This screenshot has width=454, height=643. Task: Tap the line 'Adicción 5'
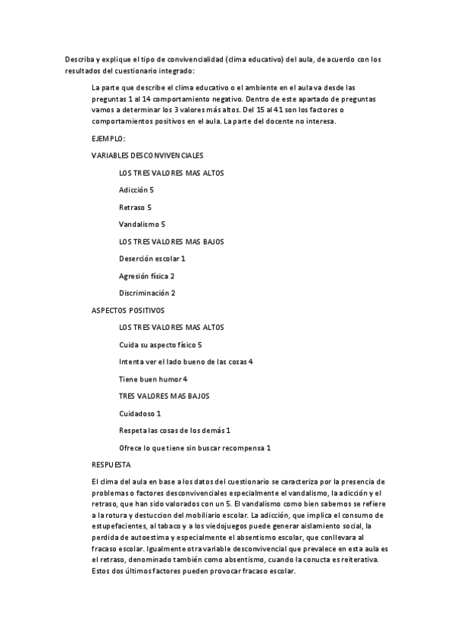click(x=136, y=190)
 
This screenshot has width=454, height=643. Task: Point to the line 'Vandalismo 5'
click(x=142, y=224)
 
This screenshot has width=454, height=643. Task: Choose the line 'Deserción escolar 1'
click(x=152, y=259)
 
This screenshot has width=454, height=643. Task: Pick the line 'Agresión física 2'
click(x=147, y=276)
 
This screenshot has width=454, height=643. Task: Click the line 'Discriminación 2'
click(x=147, y=293)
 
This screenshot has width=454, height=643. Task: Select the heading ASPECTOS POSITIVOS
click(x=127, y=310)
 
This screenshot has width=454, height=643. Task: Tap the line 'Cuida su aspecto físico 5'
click(x=160, y=345)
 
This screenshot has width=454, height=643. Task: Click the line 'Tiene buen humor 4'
click(x=153, y=378)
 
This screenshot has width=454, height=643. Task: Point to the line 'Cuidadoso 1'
click(x=140, y=413)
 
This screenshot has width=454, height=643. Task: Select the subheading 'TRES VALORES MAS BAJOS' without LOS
click(x=164, y=396)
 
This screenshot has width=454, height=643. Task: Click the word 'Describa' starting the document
click(x=79, y=58)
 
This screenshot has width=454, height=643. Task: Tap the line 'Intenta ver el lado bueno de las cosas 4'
click(x=186, y=362)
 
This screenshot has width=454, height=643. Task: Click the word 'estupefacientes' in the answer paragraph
click(x=119, y=525)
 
